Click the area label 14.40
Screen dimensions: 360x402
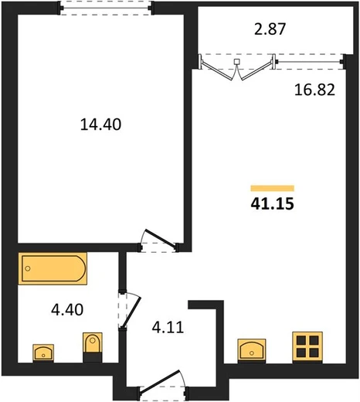point(100,124)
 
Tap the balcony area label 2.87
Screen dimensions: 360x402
point(270,29)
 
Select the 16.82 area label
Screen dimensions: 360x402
point(314,90)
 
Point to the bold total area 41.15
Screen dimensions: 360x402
point(273,203)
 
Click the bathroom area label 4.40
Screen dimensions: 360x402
point(67,309)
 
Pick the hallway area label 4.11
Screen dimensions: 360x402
point(168,327)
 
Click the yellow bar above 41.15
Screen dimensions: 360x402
point(273,189)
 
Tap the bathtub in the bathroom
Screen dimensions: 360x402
point(53,268)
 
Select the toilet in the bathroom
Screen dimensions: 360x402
point(93,347)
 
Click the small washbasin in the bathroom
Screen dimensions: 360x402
point(43,353)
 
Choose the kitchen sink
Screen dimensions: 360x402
point(252,350)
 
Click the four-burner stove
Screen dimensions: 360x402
point(307,347)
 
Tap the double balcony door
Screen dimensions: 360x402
point(236,67)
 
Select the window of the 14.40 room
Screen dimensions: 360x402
point(106,8)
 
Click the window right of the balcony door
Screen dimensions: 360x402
point(308,62)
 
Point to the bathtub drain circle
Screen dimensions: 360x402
point(28,268)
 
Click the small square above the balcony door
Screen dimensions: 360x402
point(236,62)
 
